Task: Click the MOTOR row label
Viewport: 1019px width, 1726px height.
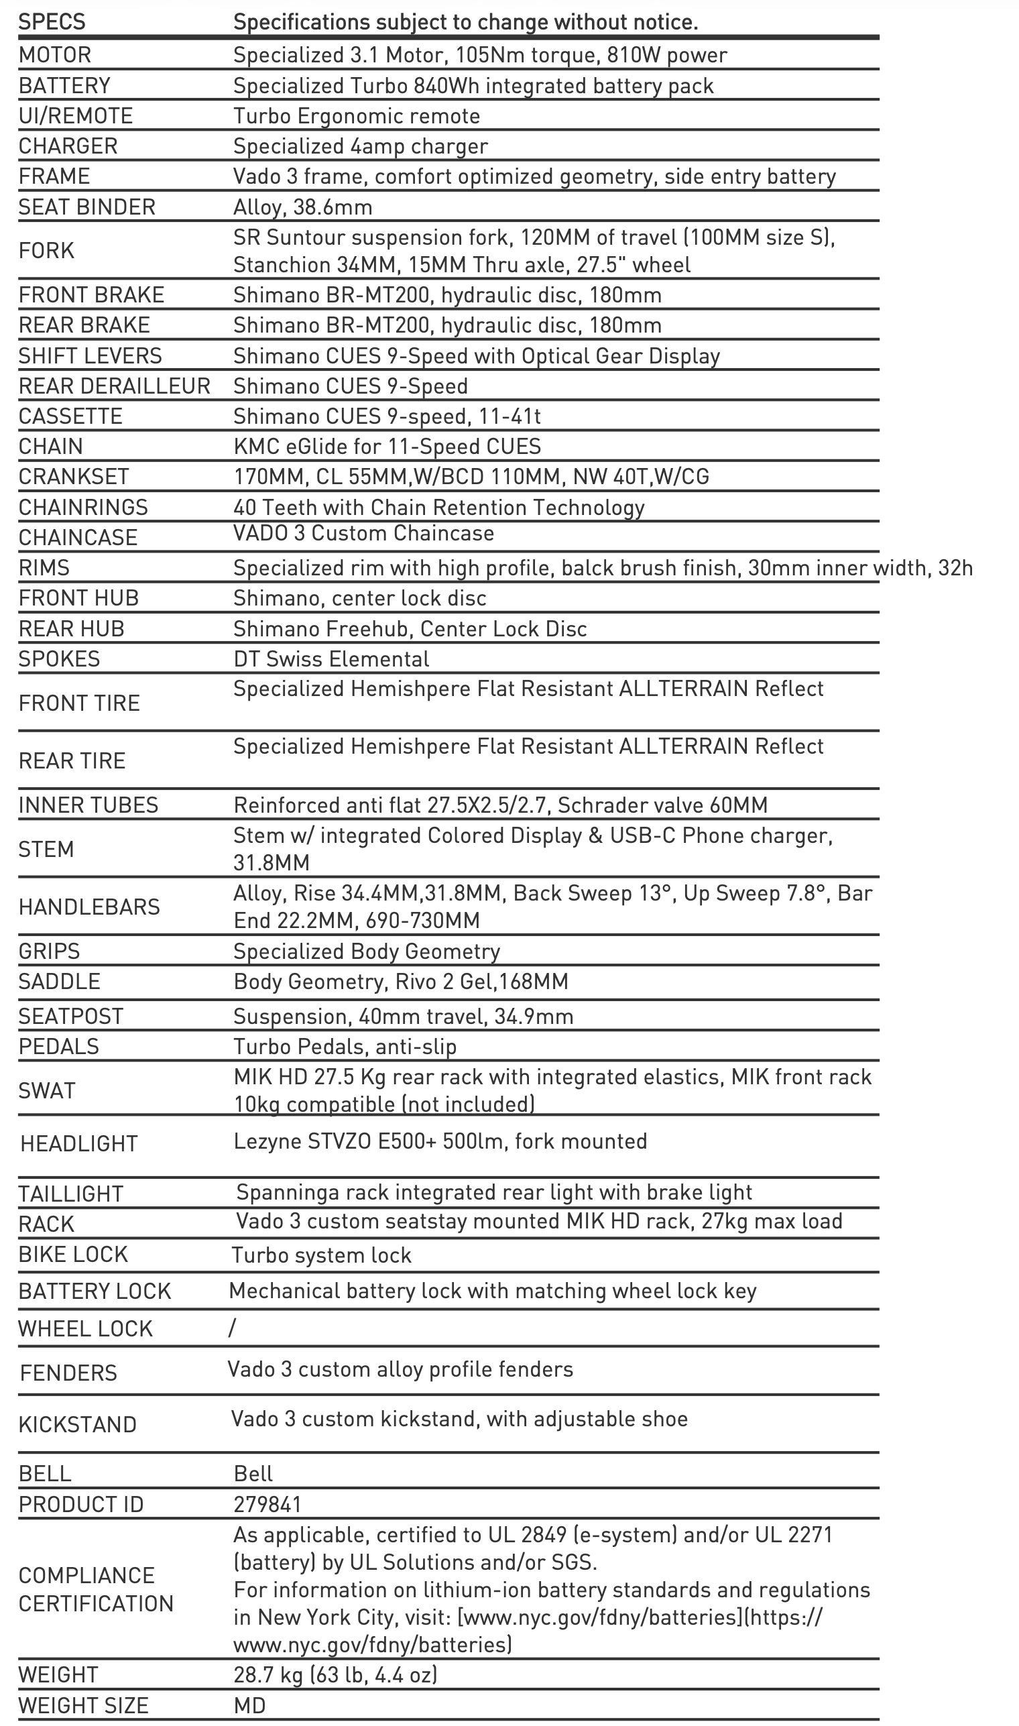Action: [x=55, y=55]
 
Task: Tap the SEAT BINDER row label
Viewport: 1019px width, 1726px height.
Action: [x=87, y=207]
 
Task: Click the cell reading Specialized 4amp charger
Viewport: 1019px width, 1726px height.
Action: [x=361, y=146]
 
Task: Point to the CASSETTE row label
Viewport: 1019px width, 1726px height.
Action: [x=70, y=416]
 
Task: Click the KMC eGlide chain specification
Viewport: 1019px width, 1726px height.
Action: [x=387, y=447]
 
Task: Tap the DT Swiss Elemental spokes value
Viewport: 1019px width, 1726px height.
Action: [x=331, y=659]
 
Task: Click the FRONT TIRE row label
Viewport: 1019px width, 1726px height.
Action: [x=80, y=703]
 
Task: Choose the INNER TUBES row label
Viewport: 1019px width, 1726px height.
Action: [x=88, y=805]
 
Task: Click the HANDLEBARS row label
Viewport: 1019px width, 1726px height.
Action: [x=89, y=907]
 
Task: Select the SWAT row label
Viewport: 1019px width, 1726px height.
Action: [x=47, y=1091]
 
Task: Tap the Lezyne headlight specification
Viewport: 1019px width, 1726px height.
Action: [x=440, y=1141]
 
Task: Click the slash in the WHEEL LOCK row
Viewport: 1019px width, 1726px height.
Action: [x=232, y=1328]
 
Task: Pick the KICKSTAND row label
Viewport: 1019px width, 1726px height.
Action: [x=78, y=1424]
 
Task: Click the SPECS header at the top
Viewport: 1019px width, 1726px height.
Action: [x=52, y=22]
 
